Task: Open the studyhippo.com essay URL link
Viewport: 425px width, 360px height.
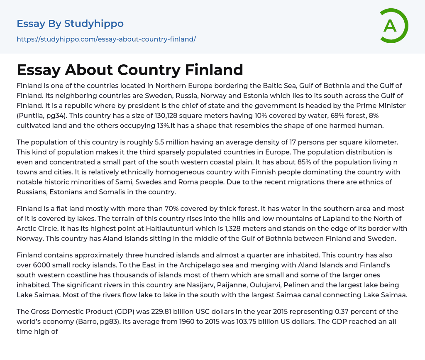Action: coord(106,39)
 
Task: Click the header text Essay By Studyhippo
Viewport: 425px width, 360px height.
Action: coord(70,24)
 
